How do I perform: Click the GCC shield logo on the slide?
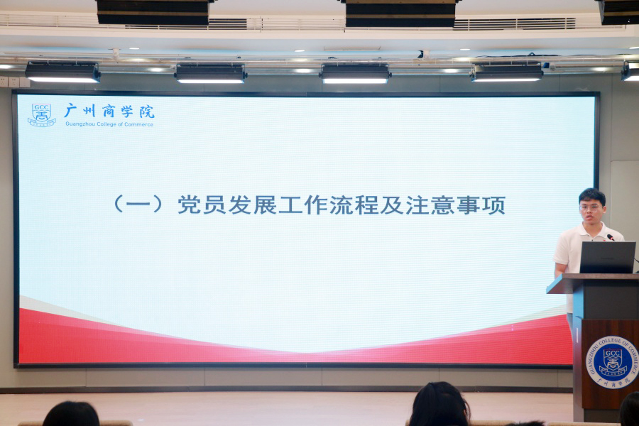(x=41, y=115)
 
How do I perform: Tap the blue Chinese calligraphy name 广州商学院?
(x=109, y=111)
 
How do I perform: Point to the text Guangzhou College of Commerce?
(x=109, y=124)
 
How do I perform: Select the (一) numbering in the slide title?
(x=138, y=205)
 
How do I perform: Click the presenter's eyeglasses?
(x=590, y=207)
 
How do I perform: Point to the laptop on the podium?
(x=607, y=257)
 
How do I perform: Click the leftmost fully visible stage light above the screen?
(x=62, y=72)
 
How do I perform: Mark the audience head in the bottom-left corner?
(x=70, y=415)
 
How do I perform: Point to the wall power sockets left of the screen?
(x=9, y=82)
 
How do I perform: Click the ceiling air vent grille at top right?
(x=514, y=23)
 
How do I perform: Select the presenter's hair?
(x=591, y=195)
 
